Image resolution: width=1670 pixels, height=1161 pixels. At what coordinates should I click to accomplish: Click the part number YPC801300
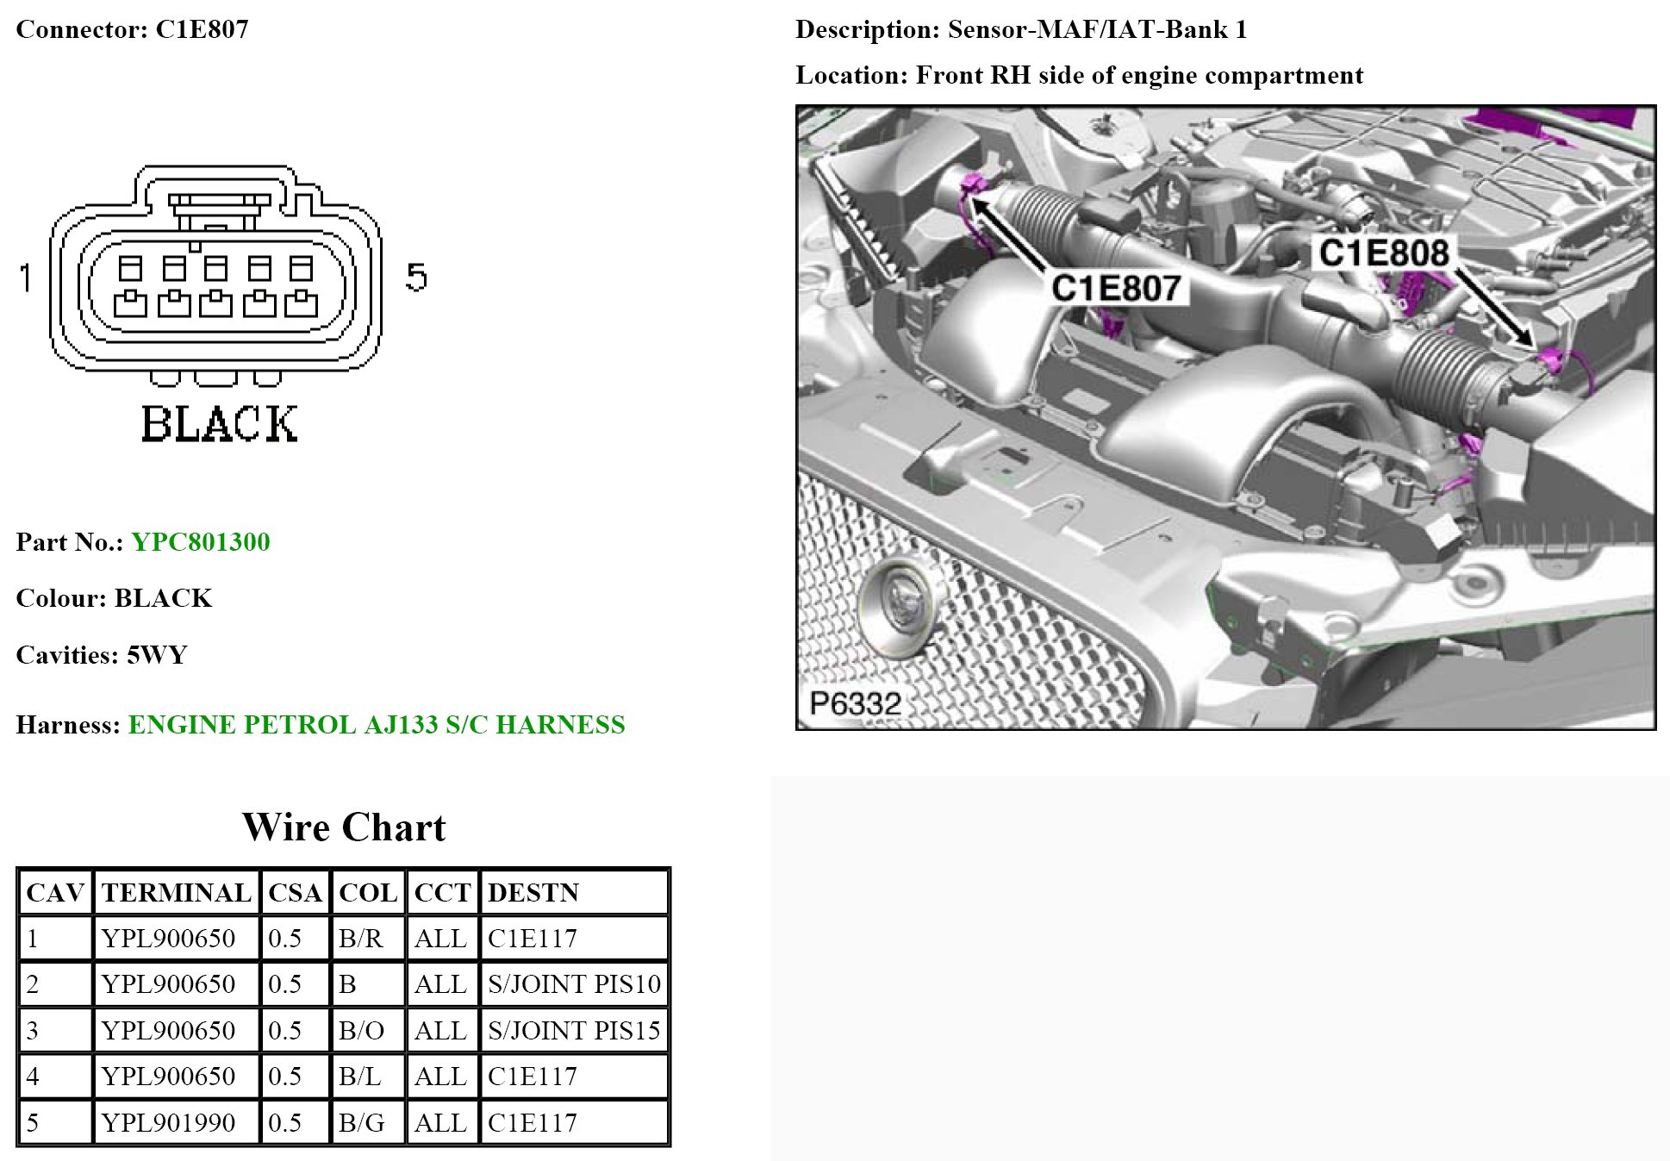point(200,542)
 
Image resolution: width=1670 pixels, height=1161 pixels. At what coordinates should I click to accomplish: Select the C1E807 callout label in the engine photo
point(1115,288)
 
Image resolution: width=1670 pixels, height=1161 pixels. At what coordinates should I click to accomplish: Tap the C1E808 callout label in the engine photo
point(1383,253)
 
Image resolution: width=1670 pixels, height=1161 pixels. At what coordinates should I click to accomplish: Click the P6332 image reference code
point(855,704)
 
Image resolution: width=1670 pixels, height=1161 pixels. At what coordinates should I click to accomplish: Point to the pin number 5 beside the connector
point(416,278)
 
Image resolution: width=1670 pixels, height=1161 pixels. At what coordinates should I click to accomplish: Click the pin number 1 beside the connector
point(26,278)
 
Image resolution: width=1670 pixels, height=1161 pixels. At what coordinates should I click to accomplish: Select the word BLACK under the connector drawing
point(219,424)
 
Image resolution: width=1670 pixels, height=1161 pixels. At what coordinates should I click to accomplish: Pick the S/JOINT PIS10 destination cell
point(574,984)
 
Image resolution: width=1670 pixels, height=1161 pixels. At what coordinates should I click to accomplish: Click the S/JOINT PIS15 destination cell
point(574,1031)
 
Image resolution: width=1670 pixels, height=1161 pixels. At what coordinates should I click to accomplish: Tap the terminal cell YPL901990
point(168,1123)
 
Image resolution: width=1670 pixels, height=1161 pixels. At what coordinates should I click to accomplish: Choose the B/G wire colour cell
point(362,1123)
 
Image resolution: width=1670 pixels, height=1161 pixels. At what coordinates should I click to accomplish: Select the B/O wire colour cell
point(362,1031)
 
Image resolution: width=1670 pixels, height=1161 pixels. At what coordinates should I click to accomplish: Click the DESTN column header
point(533,893)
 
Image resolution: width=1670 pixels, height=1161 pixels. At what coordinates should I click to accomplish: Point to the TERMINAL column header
point(176,893)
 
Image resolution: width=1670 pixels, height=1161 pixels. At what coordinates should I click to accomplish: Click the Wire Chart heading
point(344,827)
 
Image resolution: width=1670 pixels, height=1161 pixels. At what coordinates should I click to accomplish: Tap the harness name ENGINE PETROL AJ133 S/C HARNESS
point(377,725)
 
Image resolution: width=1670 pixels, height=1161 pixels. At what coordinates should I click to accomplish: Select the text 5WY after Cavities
point(157,655)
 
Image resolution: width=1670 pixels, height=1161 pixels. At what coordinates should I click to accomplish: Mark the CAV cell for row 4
point(34,1077)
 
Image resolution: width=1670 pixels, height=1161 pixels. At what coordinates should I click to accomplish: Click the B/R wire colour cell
point(361,939)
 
